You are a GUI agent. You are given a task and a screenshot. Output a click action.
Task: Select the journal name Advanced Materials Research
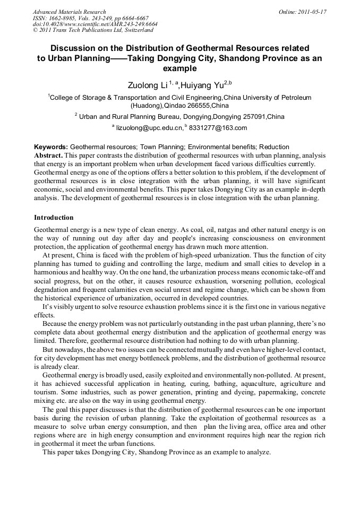69,12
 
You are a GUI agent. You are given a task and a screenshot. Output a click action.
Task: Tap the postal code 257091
248,117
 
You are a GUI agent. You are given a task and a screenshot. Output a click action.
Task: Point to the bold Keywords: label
51,147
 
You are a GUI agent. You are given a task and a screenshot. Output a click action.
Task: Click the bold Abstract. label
48,156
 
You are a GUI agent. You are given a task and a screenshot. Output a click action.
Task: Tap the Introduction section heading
54,218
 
